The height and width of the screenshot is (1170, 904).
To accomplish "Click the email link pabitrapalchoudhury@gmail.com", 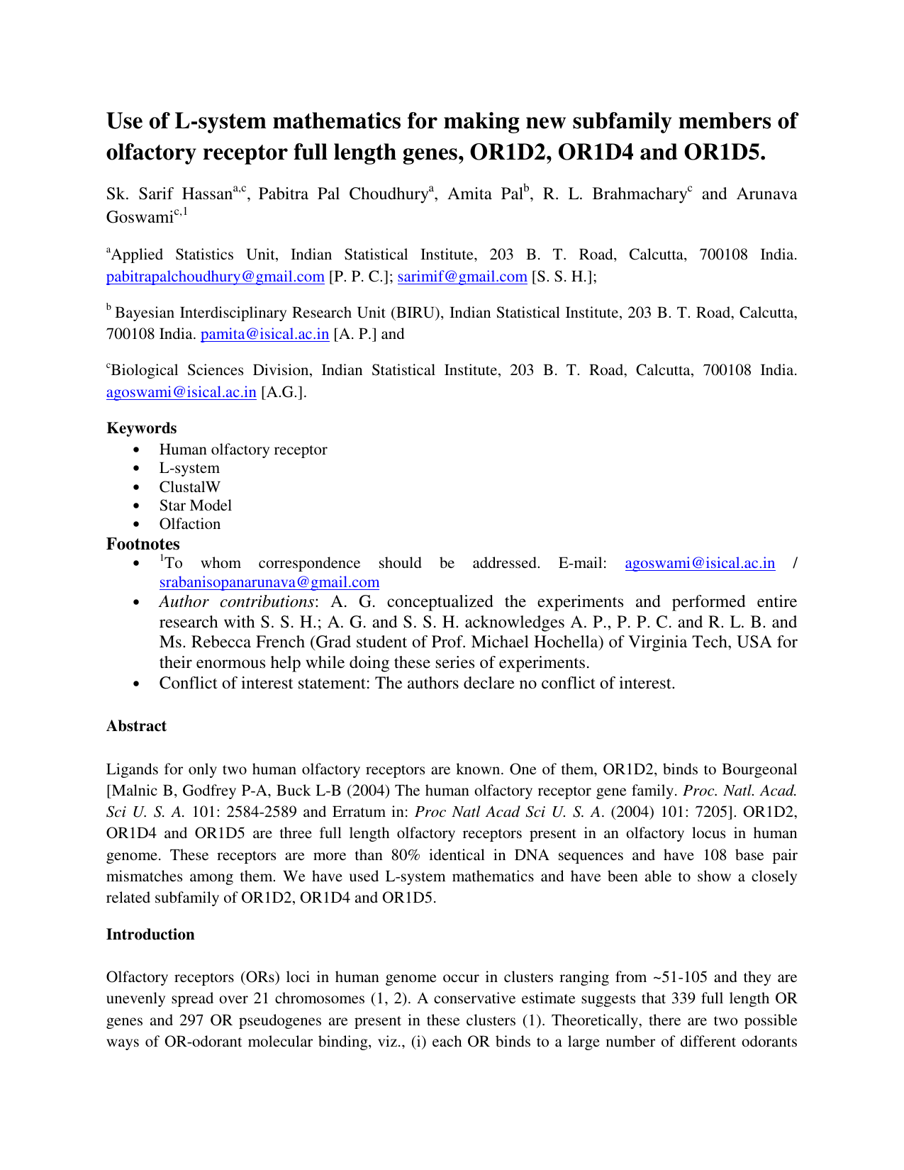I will (x=215, y=277).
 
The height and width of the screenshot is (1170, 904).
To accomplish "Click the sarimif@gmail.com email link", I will (x=462, y=277).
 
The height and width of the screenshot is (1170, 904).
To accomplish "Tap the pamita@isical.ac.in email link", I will (x=264, y=334).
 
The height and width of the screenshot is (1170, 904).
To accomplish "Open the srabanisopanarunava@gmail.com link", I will (x=269, y=582).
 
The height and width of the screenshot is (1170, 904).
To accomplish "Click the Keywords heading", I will (x=141, y=428).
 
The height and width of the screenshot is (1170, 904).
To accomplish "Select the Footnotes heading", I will (x=143, y=544).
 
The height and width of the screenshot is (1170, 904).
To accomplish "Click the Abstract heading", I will (x=136, y=726).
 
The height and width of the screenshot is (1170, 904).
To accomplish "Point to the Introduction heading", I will (x=150, y=935).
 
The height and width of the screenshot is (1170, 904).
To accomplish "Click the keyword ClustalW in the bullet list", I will (x=189, y=487).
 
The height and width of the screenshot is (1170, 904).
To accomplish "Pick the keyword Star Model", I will (x=195, y=506).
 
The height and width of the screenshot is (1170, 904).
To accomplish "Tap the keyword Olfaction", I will (x=189, y=524).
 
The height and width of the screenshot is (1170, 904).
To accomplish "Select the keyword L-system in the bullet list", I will (x=189, y=469).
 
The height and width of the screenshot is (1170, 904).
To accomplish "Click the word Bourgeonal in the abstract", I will (x=759, y=769).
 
